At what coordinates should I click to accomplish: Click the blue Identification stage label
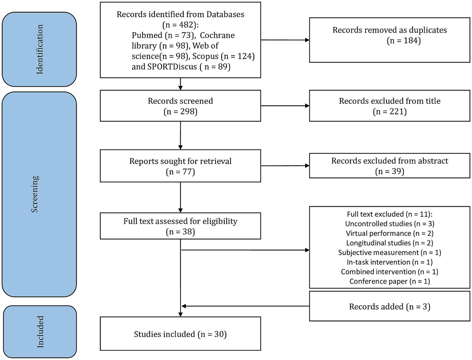point(39,49)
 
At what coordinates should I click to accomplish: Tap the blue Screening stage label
point(39,194)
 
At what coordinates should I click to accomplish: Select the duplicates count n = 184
point(404,41)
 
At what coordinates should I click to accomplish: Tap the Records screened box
point(180,106)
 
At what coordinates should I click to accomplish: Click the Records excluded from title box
point(390,106)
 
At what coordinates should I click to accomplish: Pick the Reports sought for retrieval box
point(180,166)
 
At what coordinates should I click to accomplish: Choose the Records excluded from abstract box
point(390,165)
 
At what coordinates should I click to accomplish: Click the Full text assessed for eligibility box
point(180,226)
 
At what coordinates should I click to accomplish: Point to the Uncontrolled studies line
point(390,224)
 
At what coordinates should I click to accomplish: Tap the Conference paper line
point(390,281)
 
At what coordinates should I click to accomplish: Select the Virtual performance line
point(390,233)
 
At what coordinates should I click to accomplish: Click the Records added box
point(390,306)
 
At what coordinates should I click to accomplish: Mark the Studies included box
point(180,334)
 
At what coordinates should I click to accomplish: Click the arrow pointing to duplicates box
point(285,40)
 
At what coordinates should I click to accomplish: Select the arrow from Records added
point(245,306)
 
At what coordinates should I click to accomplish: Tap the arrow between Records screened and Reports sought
point(180,135)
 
